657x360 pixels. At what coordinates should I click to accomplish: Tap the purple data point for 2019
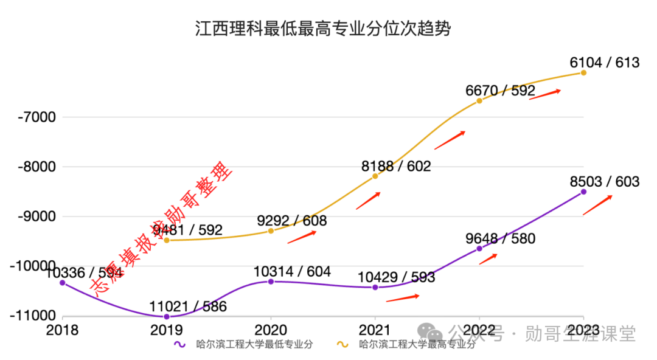(167, 316)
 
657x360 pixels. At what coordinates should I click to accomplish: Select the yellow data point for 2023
(583, 72)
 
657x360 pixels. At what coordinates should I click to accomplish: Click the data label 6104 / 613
(605, 62)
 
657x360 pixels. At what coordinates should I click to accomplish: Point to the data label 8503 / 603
(605, 182)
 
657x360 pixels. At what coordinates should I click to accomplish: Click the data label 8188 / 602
(396, 166)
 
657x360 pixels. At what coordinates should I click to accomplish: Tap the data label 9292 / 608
(292, 221)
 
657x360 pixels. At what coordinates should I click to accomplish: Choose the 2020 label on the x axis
(271, 330)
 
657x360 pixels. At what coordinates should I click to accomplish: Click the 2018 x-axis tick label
(62, 330)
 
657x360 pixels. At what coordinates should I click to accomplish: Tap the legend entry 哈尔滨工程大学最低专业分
(243, 345)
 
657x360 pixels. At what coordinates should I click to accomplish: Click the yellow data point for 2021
(375, 176)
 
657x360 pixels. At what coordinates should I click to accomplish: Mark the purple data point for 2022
(479, 248)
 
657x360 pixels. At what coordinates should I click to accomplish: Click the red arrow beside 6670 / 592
(544, 94)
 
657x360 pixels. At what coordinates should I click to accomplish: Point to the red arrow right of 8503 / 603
(597, 205)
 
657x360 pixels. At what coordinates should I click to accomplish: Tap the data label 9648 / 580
(501, 238)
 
